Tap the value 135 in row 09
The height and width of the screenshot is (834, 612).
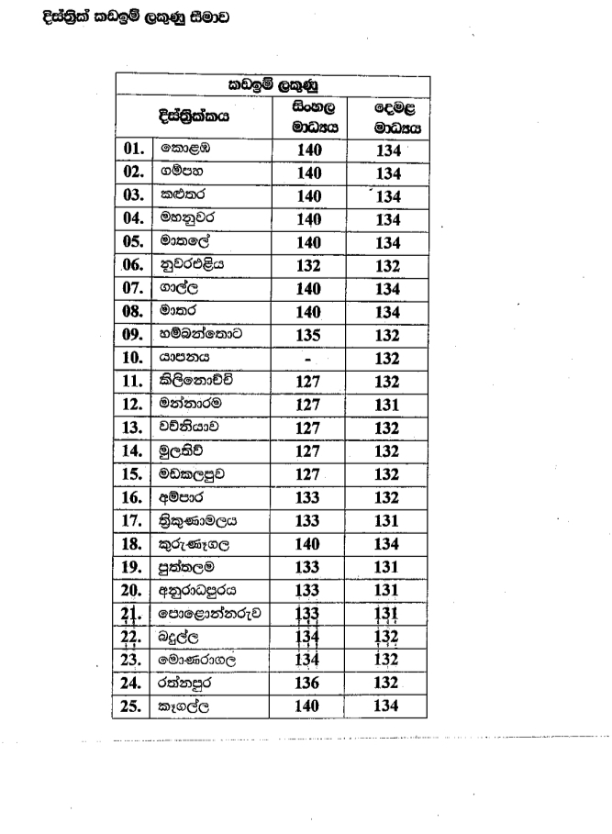[308, 334]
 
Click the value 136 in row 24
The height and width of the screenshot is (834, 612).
[308, 683]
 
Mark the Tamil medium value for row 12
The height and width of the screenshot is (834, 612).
[389, 404]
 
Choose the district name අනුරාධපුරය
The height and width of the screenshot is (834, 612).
[198, 590]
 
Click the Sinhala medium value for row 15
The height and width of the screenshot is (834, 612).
[308, 473]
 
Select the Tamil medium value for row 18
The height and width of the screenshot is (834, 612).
[389, 543]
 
